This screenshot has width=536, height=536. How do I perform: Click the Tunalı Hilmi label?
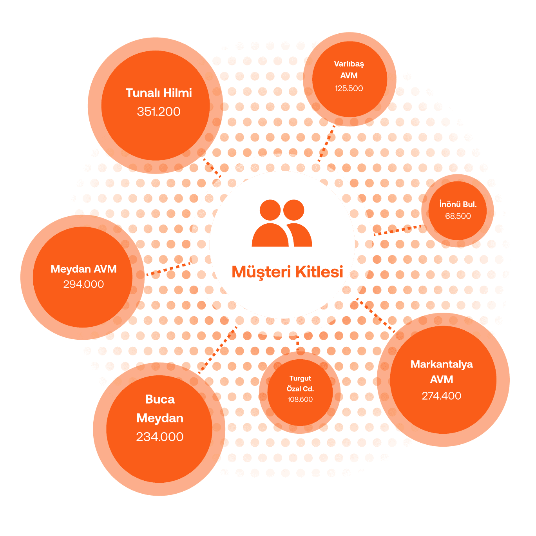pyautogui.click(x=159, y=93)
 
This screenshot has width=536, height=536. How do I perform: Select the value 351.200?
pyautogui.click(x=159, y=112)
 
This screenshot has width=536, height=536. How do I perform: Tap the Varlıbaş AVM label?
pyautogui.click(x=349, y=69)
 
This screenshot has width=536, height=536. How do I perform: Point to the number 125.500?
pyautogui.click(x=349, y=89)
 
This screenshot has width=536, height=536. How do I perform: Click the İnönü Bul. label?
pyautogui.click(x=458, y=204)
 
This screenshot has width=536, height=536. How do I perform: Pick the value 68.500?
pyautogui.click(x=458, y=216)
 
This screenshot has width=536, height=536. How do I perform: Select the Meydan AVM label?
pyautogui.click(x=83, y=269)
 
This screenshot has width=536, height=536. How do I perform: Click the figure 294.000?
pyautogui.click(x=83, y=284)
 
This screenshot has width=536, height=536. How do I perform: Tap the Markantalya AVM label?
pyautogui.click(x=442, y=372)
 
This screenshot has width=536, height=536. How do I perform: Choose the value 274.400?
pyautogui.click(x=442, y=396)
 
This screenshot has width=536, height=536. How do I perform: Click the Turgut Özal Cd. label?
pyautogui.click(x=300, y=384)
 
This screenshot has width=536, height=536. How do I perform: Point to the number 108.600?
pyautogui.click(x=300, y=400)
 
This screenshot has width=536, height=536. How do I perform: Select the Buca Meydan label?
pyautogui.click(x=160, y=409)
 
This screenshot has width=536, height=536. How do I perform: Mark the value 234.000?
pyautogui.click(x=160, y=437)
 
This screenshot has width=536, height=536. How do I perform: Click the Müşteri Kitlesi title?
pyautogui.click(x=287, y=272)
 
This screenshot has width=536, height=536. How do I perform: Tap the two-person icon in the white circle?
pyautogui.click(x=282, y=223)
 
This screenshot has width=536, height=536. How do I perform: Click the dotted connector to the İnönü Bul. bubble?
pyautogui.click(x=396, y=230)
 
